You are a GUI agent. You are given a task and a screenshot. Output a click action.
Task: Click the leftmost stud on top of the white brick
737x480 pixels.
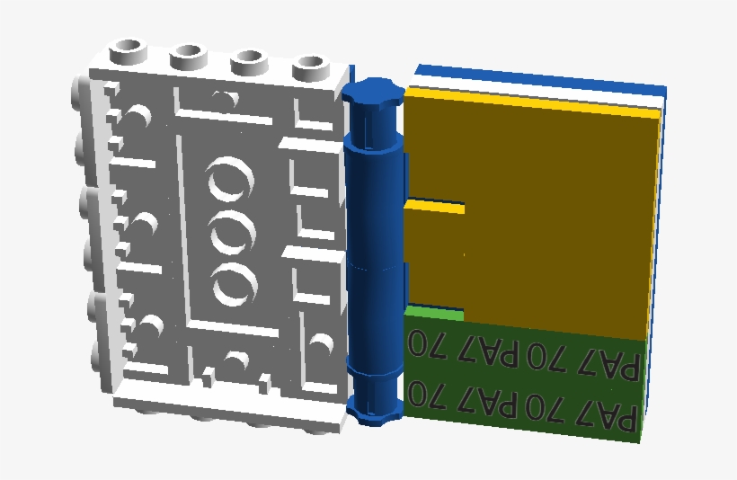coord(128,52)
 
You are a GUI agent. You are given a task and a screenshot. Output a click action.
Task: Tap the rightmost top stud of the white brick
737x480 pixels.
coord(311,68)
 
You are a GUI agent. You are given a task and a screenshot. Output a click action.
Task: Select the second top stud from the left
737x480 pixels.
coord(189,58)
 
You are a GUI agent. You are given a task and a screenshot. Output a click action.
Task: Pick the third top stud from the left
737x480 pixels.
coord(250,63)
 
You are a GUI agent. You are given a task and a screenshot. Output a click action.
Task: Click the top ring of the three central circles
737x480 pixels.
coord(230,179)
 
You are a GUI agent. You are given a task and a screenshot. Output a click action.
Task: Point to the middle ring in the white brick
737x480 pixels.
coord(234,233)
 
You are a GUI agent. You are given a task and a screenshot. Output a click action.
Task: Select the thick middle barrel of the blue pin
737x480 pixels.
coord(375,253)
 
